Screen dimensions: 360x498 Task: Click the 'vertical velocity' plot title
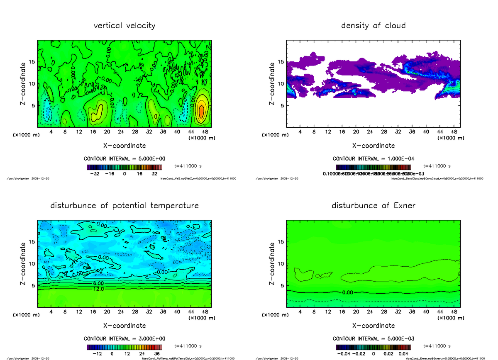[124, 26]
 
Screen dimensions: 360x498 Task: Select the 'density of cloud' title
[373, 26]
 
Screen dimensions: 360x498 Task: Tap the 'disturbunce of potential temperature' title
[124, 206]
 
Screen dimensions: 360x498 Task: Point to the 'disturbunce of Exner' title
[373, 206]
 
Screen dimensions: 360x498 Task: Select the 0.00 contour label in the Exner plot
[348, 292]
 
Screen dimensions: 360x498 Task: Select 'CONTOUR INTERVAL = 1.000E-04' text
[373, 158]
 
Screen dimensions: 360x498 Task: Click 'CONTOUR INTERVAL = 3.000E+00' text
[124, 338]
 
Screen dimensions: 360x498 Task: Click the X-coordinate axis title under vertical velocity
[124, 146]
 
